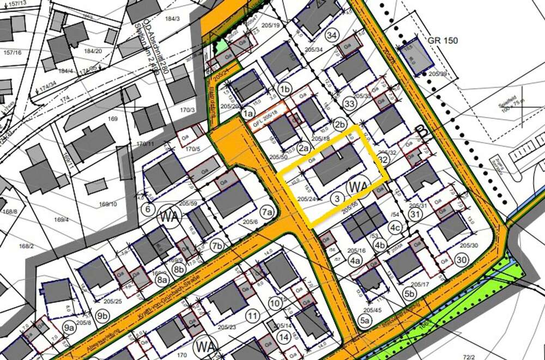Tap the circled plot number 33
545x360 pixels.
(350, 102)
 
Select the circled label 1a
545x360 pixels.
(248, 113)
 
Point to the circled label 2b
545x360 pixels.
(341, 124)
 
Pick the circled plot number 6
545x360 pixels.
(147, 208)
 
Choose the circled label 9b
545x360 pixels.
(102, 315)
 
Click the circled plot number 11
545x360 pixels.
(251, 316)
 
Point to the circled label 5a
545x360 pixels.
(365, 321)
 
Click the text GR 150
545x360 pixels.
(443, 40)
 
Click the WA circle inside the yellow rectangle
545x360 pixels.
(358, 187)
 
